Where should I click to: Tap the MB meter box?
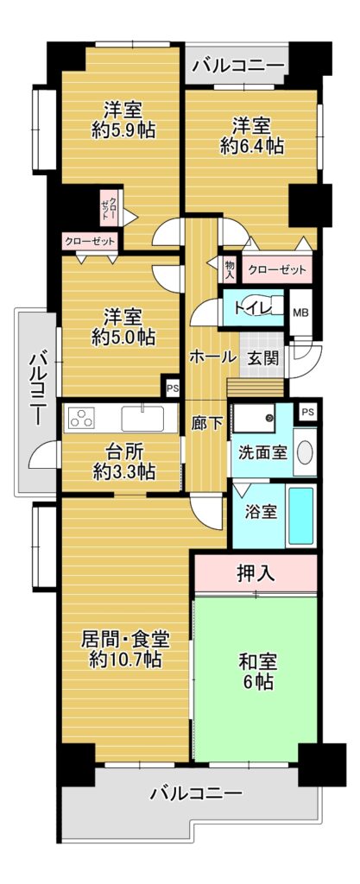pos(300,313)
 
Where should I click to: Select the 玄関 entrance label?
pos(262,357)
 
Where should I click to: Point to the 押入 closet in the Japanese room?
pos(256,573)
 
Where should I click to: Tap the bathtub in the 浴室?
pos(300,516)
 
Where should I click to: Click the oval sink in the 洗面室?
pos(305,451)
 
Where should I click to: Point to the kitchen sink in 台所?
pos(142,419)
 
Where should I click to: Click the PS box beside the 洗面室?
pos(307,412)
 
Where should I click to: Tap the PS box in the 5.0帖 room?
pos(171,388)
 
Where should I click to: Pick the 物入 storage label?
pos(230,270)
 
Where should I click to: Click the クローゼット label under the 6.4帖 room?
pos(276,269)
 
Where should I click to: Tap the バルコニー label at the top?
pos(237,66)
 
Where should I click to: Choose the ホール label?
pos(212,357)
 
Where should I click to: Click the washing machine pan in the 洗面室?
pos(255,418)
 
